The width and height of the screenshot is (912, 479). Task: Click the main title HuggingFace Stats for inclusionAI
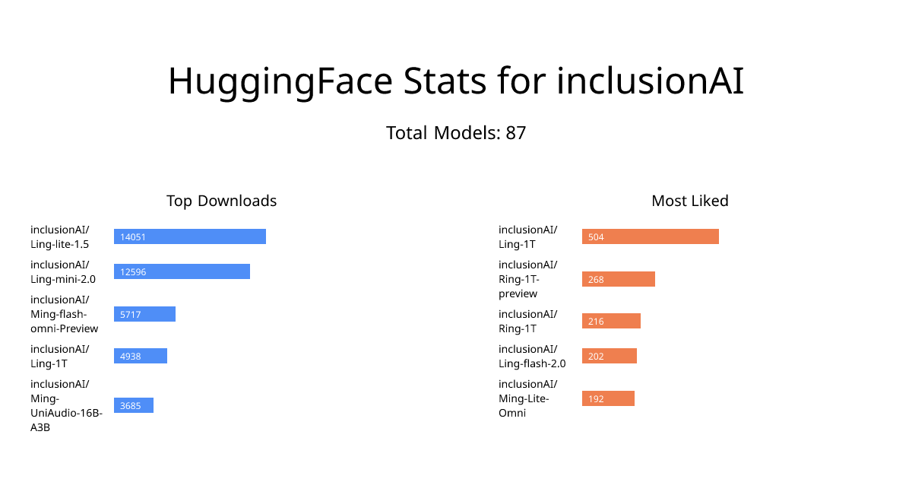[456, 81]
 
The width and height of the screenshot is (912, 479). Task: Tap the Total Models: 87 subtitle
[456, 133]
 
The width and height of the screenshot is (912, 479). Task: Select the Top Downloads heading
[221, 201]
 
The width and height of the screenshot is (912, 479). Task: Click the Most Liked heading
[690, 201]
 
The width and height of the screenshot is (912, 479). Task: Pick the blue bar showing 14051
[190, 236]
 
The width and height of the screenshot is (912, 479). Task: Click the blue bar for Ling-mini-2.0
[182, 271]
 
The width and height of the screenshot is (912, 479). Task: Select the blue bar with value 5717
[144, 314]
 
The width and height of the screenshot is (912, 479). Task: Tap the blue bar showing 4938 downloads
[141, 356]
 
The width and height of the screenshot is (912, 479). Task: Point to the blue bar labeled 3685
[134, 405]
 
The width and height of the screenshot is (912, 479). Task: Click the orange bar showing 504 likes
[651, 236]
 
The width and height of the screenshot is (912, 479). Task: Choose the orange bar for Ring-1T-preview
[619, 279]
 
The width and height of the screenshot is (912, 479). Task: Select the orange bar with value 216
[611, 321]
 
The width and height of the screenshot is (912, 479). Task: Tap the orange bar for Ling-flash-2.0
[609, 356]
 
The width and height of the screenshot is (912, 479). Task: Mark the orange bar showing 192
[608, 398]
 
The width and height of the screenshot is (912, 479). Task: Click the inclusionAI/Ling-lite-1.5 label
[60, 236]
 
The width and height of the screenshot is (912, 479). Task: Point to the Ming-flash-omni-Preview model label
[65, 314]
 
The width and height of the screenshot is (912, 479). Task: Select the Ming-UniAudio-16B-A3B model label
[66, 406]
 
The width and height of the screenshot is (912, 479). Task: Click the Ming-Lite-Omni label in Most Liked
[528, 398]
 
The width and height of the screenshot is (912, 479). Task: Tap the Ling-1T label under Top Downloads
[60, 356]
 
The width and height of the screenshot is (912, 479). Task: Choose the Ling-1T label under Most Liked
[528, 236]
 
